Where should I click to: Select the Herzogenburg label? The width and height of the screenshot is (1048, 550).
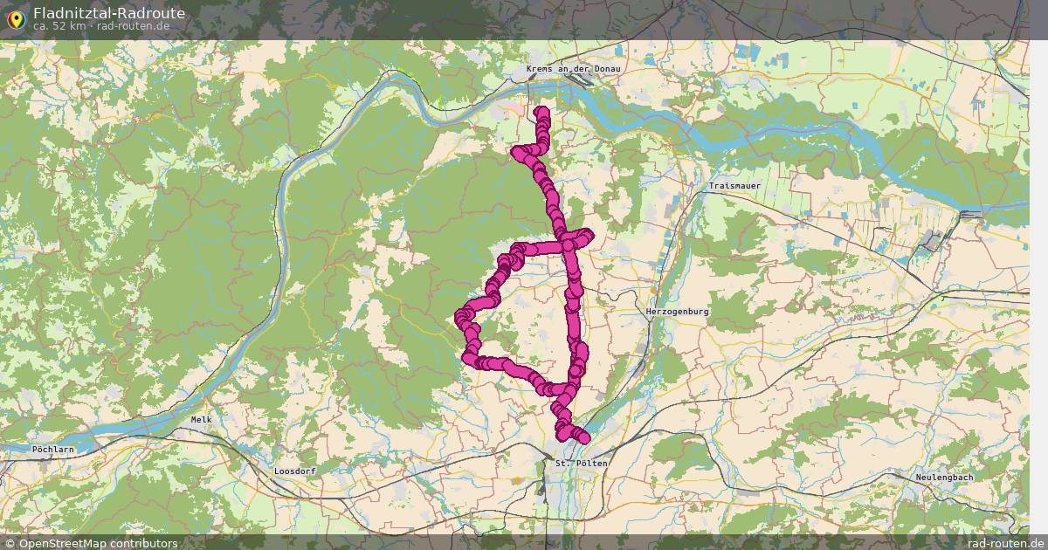(x=678, y=312)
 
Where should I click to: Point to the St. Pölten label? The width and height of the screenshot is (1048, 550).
(x=581, y=463)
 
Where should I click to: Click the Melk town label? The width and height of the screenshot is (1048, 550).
(x=202, y=420)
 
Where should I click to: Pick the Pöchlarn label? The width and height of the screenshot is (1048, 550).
(x=53, y=450)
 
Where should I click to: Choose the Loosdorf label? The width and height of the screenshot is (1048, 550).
(x=294, y=471)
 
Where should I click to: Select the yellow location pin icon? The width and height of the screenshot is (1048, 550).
(x=15, y=17)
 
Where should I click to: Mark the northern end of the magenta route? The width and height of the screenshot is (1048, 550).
(x=542, y=112)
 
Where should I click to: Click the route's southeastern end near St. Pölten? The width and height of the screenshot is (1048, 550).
(x=583, y=438)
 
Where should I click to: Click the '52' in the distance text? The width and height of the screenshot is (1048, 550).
(x=55, y=26)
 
